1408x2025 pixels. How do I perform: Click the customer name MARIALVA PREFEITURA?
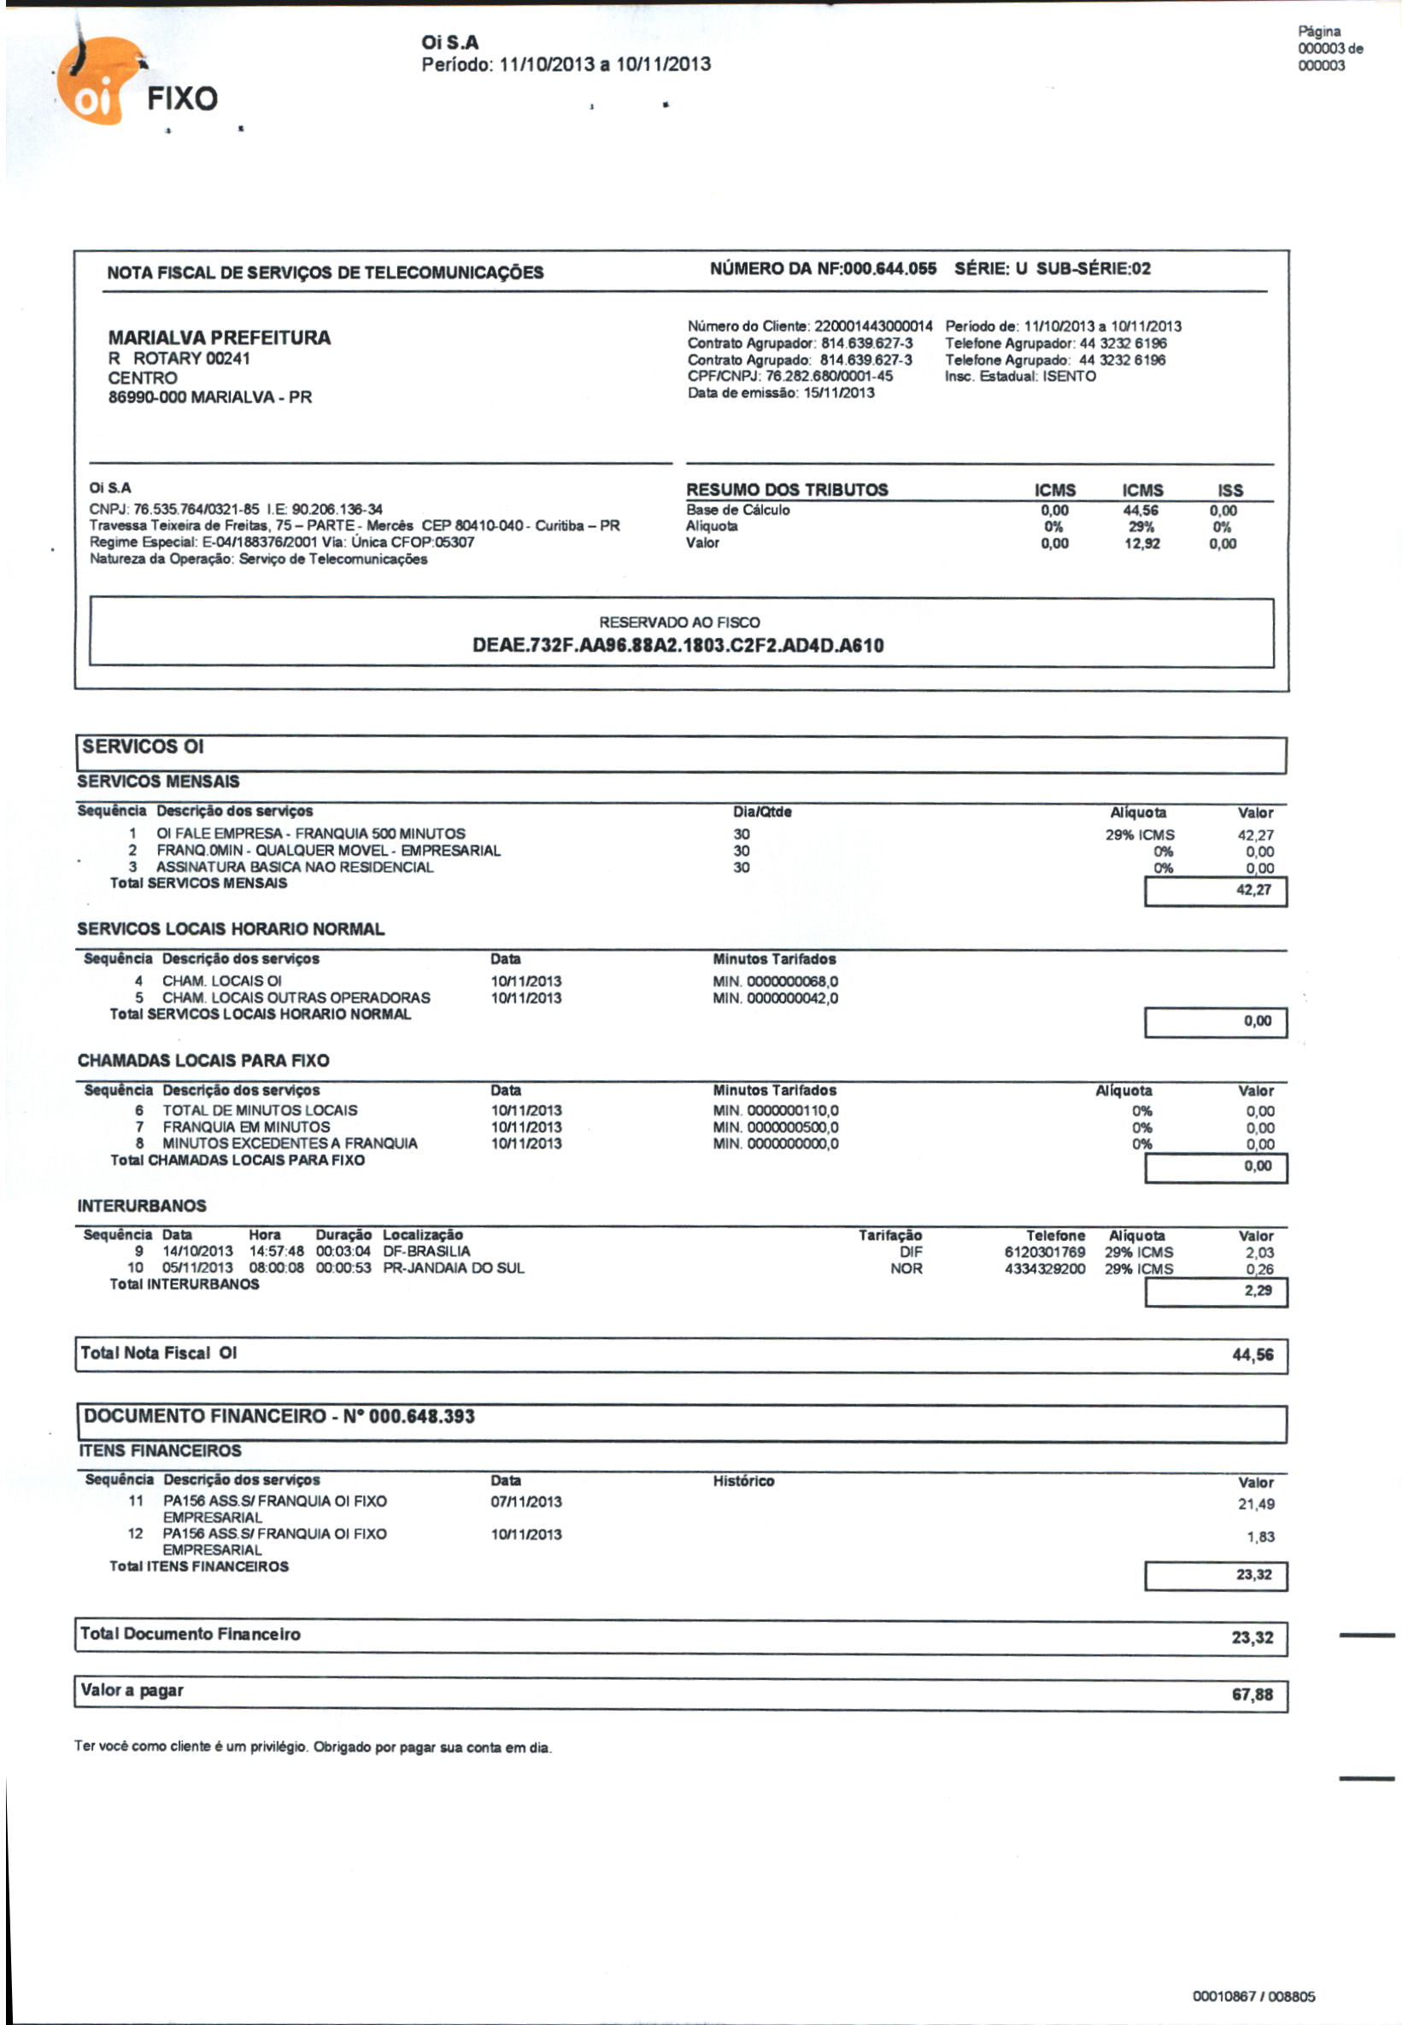[219, 338]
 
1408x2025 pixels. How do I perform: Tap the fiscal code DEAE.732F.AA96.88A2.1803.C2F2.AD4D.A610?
[678, 646]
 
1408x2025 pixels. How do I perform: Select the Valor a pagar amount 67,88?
[1252, 1694]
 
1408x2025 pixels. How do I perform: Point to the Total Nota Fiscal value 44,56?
[1252, 1355]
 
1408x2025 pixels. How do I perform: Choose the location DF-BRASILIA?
[426, 1251]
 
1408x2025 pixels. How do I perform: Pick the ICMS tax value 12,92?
[1141, 543]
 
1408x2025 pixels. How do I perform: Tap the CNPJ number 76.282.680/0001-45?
[829, 377]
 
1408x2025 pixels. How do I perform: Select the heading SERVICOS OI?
[142, 747]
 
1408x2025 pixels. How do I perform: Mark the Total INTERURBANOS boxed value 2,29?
[1258, 1291]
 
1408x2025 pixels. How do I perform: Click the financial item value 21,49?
[1255, 1505]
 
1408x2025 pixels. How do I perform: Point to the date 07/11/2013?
[525, 1502]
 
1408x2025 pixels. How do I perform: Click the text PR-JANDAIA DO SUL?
[454, 1268]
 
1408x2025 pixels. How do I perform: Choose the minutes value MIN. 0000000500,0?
[776, 1127]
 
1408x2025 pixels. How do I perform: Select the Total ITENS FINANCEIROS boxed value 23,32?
[1253, 1575]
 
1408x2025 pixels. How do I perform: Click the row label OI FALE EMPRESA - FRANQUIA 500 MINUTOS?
[310, 834]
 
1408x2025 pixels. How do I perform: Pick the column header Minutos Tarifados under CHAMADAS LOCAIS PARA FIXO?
[774, 1090]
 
